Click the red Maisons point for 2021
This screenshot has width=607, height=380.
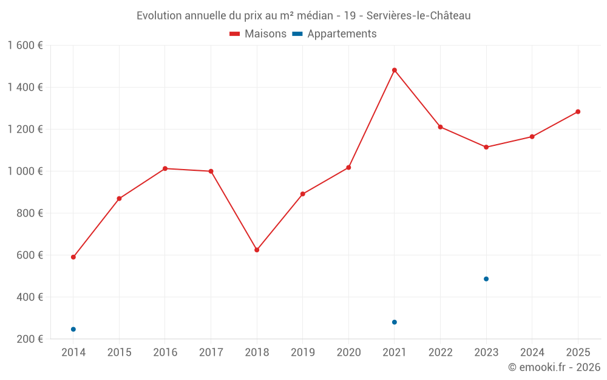coord(395,70)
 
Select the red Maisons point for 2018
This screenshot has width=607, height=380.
coord(257,250)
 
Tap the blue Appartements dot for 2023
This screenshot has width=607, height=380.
coord(486,279)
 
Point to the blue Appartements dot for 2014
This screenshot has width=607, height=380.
coord(73,330)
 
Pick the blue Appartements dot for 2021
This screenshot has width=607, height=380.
coord(395,322)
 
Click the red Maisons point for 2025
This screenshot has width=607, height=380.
coord(578,112)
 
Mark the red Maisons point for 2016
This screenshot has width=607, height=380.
coord(165,168)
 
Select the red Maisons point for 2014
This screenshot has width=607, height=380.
coord(73,257)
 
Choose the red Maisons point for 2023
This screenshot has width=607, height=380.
coord(486,147)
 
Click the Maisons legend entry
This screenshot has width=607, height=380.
coord(258,34)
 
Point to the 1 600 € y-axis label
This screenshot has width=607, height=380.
coord(25,46)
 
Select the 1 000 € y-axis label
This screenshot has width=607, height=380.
coord(25,171)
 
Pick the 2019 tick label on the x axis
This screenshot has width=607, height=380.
coord(303,353)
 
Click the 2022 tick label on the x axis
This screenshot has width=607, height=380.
coord(440,353)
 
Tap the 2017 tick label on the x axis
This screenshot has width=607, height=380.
coord(211,353)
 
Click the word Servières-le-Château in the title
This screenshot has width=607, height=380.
coord(419,16)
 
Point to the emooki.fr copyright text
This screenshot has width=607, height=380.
coord(554,367)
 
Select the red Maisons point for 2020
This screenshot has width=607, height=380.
coord(348,167)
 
